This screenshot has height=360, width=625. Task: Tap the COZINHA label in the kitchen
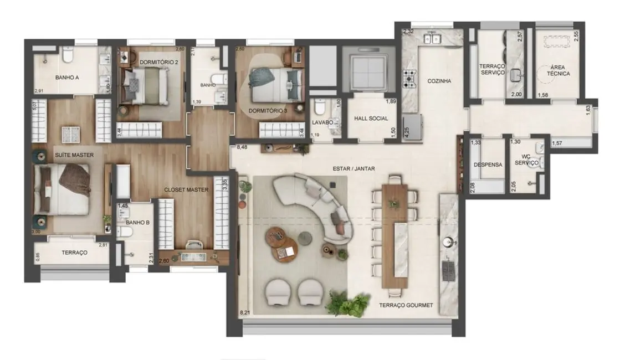439,81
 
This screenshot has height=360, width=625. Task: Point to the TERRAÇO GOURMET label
406,305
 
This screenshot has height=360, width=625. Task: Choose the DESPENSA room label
488,164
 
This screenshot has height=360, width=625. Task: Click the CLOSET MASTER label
186,189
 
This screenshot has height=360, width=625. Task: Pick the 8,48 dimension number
242,148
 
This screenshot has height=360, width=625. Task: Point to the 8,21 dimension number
245,313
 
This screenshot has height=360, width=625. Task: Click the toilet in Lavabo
320,107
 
